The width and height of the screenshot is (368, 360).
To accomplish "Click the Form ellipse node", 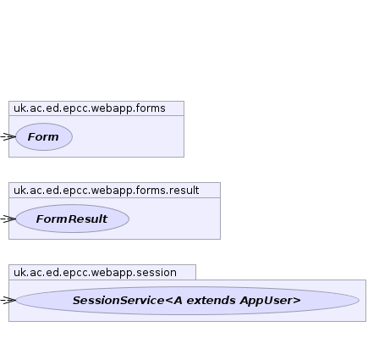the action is click(44, 136).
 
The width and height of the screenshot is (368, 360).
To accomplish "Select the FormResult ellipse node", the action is click(72, 219).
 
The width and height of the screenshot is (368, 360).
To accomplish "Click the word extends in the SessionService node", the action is click(211, 301).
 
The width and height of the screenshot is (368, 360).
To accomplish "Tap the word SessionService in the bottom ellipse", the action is click(118, 301).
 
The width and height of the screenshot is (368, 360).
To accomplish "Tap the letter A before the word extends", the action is click(178, 301).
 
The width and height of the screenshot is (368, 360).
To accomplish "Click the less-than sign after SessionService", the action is click(168, 301).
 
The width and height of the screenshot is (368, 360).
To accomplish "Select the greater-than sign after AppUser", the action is click(297, 301).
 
